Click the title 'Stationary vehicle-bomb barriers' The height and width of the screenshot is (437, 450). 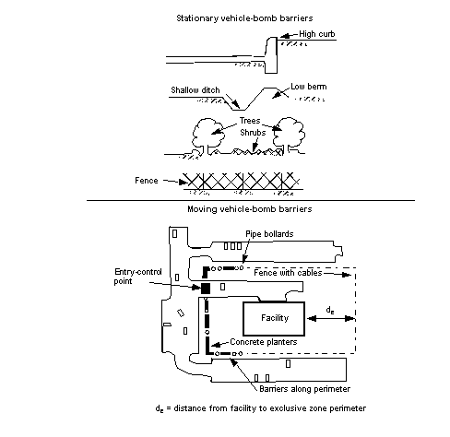tap(244, 18)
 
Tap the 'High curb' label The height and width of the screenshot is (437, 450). tap(317, 34)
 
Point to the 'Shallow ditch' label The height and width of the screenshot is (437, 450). tap(195, 90)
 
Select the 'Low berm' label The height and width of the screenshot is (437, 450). tap(309, 87)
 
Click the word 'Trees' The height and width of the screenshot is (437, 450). tap(250, 121)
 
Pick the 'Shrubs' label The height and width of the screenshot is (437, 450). tap(253, 133)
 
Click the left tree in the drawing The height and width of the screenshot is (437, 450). tap(208, 135)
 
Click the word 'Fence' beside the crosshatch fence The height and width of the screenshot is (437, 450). tap(147, 181)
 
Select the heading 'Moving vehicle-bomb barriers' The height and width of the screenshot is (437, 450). tap(250, 209)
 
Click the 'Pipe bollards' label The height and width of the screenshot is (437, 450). tap(269, 234)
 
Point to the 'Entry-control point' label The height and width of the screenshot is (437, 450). tap(137, 277)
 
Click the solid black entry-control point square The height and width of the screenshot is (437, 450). tap(206, 289)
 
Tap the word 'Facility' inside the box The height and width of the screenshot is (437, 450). tap(275, 317)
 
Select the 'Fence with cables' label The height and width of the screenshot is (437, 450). tap(288, 273)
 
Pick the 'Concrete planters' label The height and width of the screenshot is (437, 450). tap(264, 342)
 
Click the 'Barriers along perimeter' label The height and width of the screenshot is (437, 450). tap(304, 389)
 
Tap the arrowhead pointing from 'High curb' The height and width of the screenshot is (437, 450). tap(284, 36)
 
